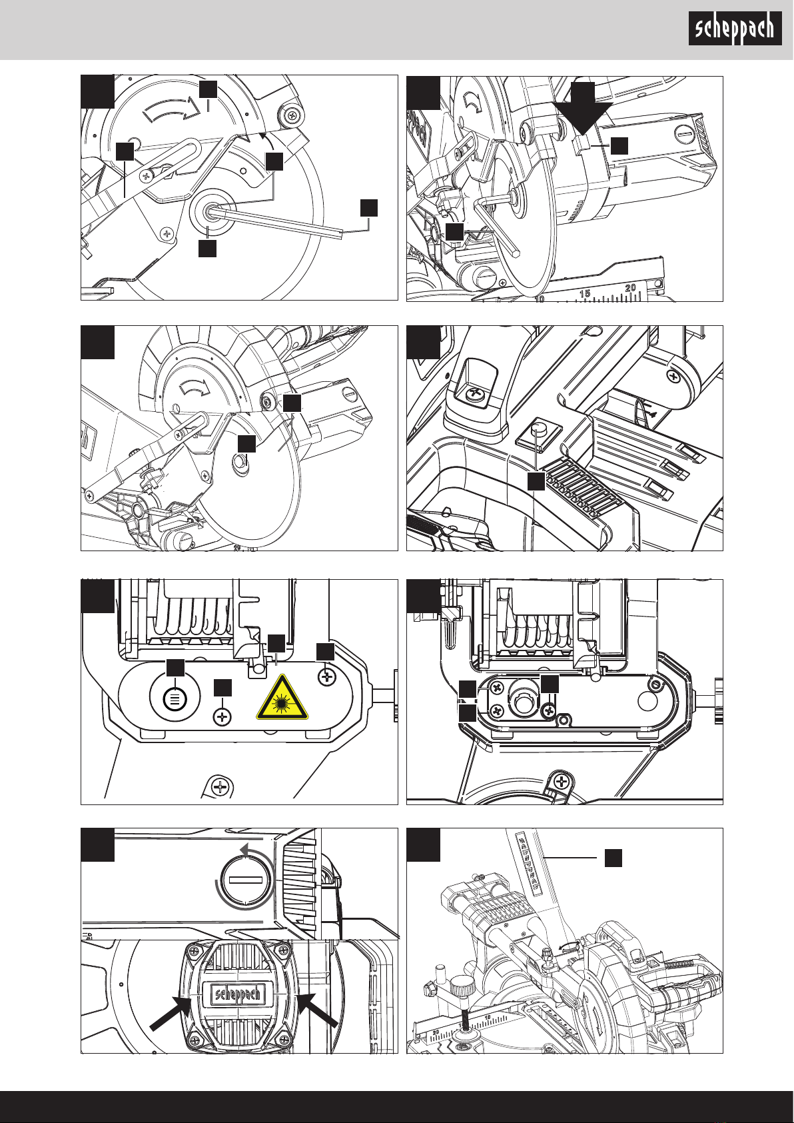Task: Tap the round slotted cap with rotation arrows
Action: (x=247, y=880)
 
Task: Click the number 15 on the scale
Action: (x=586, y=294)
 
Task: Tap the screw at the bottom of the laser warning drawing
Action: (x=219, y=787)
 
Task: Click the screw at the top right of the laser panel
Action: (x=327, y=676)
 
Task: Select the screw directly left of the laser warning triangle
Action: (x=222, y=717)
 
